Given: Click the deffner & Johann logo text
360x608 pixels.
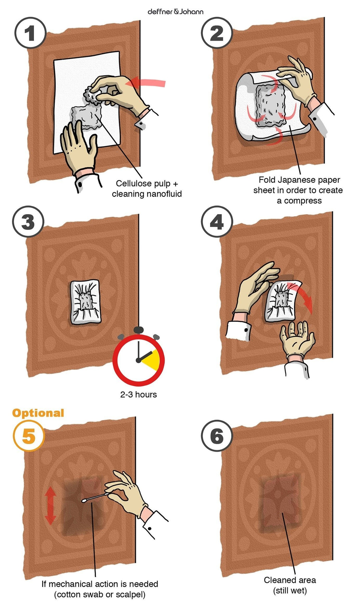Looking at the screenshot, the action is (x=176, y=12).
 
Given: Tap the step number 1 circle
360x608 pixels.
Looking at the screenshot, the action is (x=30, y=33).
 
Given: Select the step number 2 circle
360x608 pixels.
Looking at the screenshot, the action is (x=217, y=33).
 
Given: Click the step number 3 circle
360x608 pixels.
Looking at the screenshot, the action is (x=28, y=222).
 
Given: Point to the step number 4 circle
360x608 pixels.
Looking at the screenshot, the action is (x=217, y=222).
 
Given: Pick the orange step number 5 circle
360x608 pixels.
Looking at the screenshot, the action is (x=29, y=436).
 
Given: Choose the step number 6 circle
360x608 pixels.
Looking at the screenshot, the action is (x=217, y=436).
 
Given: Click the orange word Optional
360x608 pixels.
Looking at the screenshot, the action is (x=38, y=413).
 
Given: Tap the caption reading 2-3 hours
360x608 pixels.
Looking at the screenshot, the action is (x=138, y=394).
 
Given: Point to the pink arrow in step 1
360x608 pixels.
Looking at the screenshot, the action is (x=147, y=82).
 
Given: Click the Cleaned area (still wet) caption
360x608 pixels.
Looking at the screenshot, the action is (x=290, y=585).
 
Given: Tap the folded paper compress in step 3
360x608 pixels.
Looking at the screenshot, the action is (x=85, y=302).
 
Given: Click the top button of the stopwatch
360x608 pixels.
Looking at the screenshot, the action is (x=139, y=330).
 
